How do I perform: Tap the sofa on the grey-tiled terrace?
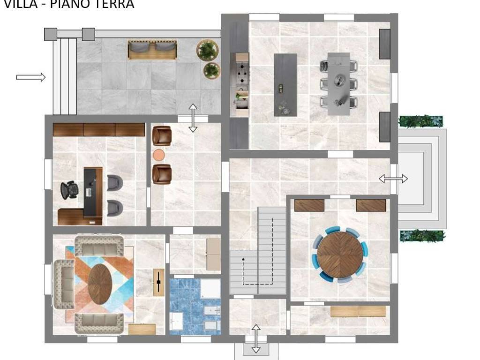click(x=152, y=50)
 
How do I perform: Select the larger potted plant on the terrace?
click(x=208, y=50)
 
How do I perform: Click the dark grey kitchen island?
click(x=285, y=84)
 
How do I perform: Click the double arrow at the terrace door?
click(x=193, y=118)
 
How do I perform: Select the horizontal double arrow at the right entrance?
click(x=393, y=179)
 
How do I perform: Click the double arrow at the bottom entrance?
click(x=256, y=338)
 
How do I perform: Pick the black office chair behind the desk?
click(x=69, y=190)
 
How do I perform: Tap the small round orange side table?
click(x=159, y=155)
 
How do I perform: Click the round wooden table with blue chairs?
click(x=340, y=255)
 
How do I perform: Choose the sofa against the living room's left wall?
click(x=63, y=284)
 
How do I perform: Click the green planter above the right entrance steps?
click(x=420, y=121)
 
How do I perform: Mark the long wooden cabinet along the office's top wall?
click(x=98, y=129)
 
